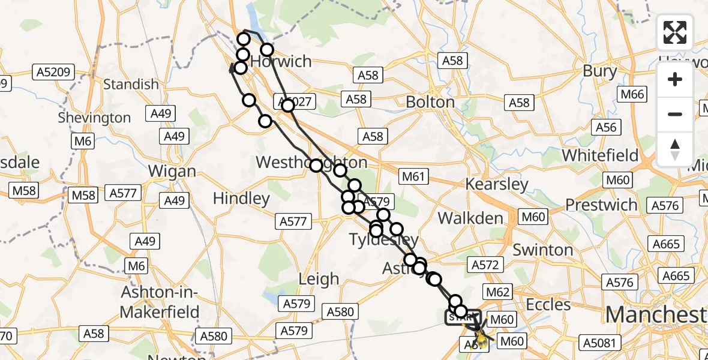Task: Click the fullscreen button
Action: tap(675, 32)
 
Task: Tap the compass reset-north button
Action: tap(675, 149)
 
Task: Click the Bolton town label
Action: tap(430, 102)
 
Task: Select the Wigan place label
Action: tap(172, 171)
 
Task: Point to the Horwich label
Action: tap(281, 61)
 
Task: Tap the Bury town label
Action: tap(599, 71)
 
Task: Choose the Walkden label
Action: tap(470, 218)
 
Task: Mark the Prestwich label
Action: tap(601, 205)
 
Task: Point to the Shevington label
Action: tap(94, 118)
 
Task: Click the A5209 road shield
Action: tap(53, 73)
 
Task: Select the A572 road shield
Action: tap(485, 265)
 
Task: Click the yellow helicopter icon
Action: tap(481, 340)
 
